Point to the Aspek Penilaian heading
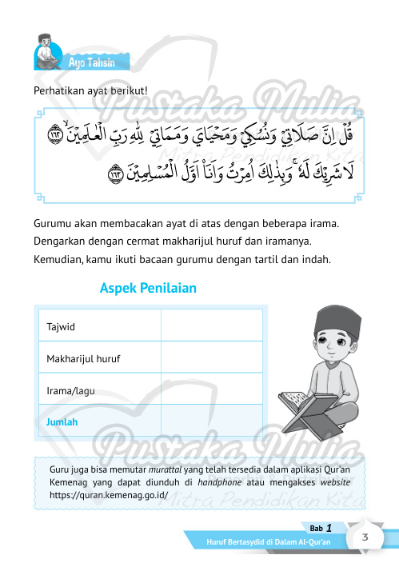[x=147, y=287]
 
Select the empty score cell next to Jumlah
[x=212, y=421]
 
